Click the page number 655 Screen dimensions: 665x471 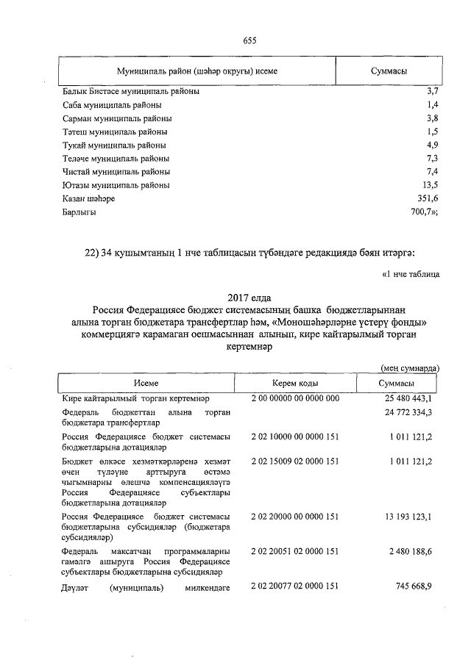(x=249, y=40)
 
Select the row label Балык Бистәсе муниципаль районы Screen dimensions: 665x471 (x=130, y=93)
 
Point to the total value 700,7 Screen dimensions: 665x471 (x=425, y=212)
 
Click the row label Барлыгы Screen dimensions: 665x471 (x=79, y=212)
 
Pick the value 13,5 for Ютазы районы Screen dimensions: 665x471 (x=430, y=185)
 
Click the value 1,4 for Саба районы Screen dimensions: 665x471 (x=432, y=106)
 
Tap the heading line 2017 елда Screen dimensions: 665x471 (x=250, y=298)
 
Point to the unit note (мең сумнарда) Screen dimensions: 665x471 (x=410, y=367)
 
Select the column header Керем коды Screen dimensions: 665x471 (x=294, y=384)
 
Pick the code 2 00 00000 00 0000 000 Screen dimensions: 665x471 (x=294, y=398)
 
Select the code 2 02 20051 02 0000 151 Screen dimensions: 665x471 (x=294, y=551)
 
